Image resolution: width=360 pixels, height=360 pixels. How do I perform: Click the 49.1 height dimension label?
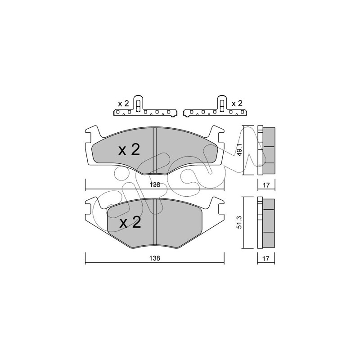239,150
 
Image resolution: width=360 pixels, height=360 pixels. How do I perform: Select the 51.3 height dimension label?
239,222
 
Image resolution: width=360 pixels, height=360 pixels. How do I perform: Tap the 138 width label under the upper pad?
154,185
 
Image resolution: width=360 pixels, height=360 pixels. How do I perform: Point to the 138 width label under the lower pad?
154,258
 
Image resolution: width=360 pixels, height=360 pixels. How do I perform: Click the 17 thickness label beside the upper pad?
266,185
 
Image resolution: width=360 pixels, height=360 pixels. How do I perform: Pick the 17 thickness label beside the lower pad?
265,258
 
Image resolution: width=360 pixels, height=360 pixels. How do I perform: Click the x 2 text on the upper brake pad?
129,150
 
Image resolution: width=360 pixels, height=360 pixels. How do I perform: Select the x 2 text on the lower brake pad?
130,222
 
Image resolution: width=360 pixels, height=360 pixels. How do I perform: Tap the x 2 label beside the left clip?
123,104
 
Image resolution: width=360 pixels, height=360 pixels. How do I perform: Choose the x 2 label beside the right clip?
237,103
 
